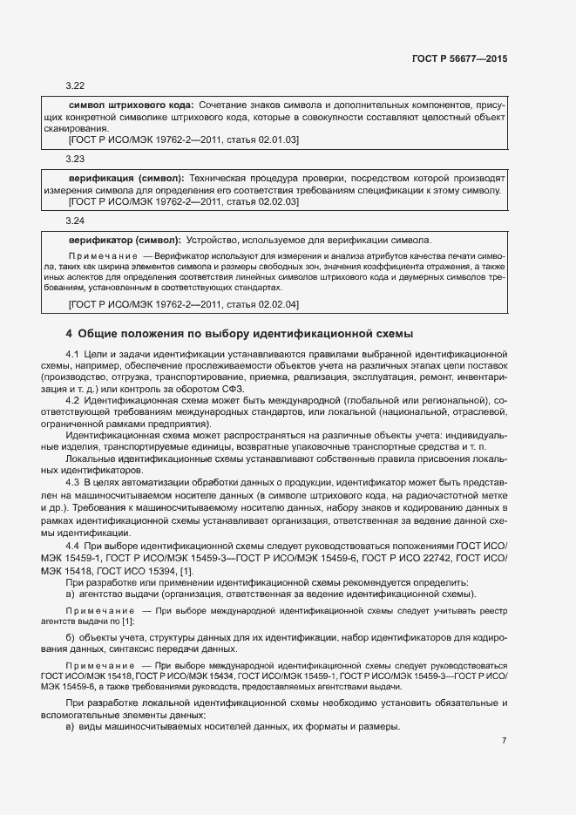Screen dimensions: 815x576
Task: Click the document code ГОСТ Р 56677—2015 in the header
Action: [459, 59]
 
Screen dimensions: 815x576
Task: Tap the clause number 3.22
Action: [75, 86]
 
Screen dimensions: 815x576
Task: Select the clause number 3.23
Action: [75, 160]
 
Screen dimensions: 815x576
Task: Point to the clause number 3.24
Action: [75, 221]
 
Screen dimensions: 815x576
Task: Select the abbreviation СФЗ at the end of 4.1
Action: [234, 389]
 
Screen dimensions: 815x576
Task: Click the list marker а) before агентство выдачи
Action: [70, 594]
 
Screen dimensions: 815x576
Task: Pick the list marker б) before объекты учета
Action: [70, 638]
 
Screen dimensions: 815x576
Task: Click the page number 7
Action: [504, 740]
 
